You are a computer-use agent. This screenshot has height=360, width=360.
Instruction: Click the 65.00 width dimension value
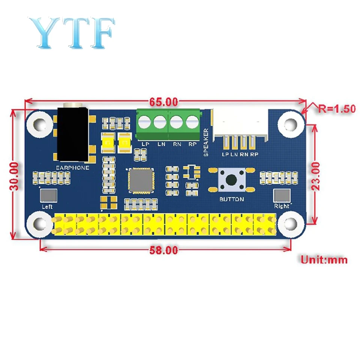click(163, 102)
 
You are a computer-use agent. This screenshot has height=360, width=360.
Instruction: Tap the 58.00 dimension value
click(163, 250)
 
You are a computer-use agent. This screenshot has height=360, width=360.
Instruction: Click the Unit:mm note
click(324, 259)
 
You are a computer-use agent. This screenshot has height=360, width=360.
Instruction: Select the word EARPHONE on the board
click(72, 168)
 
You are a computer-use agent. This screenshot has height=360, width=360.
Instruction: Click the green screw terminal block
click(168, 124)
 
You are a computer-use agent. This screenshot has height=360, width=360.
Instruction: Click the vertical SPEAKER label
click(205, 142)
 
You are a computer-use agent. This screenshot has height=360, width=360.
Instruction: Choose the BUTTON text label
click(232, 199)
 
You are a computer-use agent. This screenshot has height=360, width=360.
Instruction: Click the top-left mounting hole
click(39, 123)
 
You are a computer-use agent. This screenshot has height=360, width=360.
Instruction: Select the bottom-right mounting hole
click(291, 224)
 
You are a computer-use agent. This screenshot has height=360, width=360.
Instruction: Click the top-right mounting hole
click(291, 123)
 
